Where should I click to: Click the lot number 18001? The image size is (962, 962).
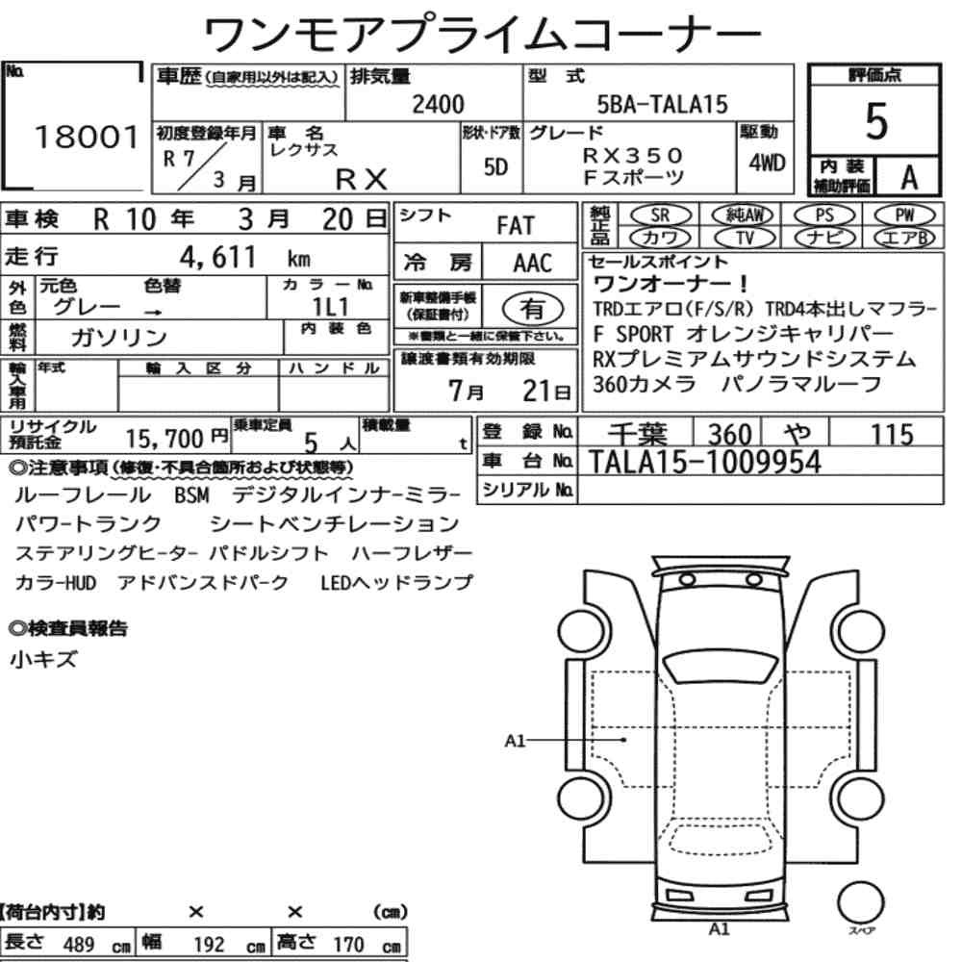point(87,137)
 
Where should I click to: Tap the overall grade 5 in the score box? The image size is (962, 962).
point(876,121)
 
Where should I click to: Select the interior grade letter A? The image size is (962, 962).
point(909,177)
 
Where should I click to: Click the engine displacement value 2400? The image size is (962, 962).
point(438,104)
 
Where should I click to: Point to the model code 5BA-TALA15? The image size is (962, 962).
point(662,104)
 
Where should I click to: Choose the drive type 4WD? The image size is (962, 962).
point(767,163)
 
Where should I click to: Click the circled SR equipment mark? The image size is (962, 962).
point(660,215)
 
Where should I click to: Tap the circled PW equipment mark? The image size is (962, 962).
point(904,215)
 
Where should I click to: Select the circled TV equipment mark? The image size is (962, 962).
point(745,237)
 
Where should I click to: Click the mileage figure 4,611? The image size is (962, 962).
point(217,257)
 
